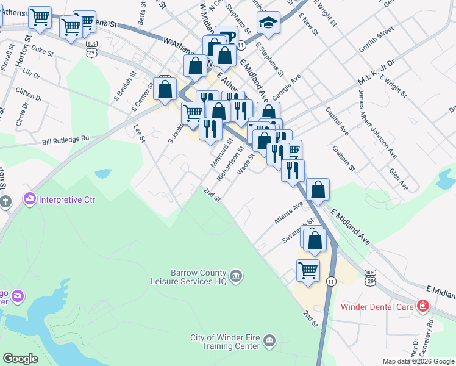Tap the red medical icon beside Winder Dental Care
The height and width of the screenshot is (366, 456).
[422, 306]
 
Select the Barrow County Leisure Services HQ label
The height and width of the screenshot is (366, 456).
[189, 278]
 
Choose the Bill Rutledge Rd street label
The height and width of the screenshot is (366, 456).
[66, 140]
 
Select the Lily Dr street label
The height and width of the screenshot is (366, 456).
[30, 74]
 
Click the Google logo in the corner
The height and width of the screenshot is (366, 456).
[20, 359]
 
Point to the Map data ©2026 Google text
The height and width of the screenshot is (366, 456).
[418, 361]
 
